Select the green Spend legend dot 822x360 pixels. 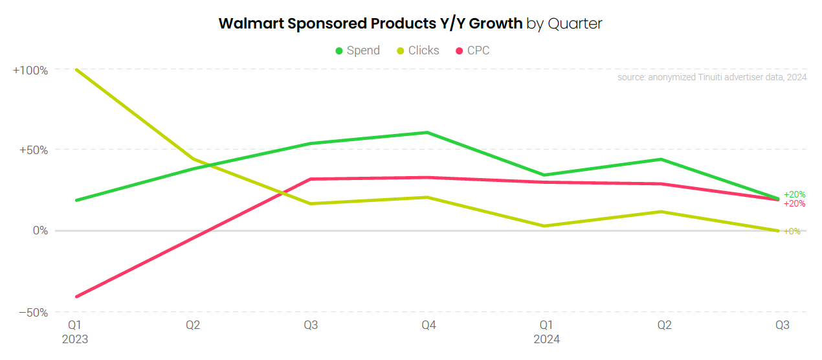(x=339, y=51)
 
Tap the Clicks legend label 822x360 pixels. (x=423, y=51)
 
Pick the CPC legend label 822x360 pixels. (x=478, y=51)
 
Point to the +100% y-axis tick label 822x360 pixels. (x=30, y=70)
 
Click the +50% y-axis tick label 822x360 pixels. (x=33, y=150)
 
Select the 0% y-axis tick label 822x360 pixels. (x=40, y=231)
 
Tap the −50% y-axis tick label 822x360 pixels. (x=33, y=313)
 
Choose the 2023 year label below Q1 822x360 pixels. (x=75, y=339)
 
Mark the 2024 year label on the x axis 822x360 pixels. (x=546, y=339)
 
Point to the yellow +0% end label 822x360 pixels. (x=792, y=232)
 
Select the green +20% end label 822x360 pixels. (x=794, y=194)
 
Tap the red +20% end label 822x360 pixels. (x=794, y=204)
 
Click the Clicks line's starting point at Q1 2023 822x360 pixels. (x=76, y=69)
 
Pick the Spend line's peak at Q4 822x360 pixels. (x=428, y=133)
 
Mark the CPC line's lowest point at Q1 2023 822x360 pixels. (x=76, y=297)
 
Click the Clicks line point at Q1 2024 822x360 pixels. (x=544, y=226)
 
